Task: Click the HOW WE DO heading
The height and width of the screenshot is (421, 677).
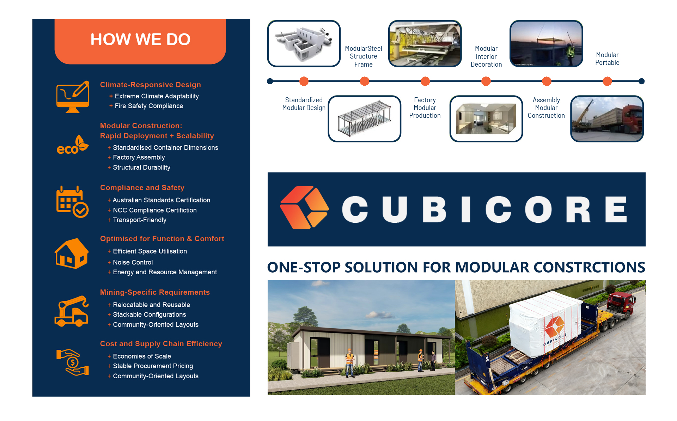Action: [140, 39]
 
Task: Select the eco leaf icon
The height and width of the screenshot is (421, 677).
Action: [73, 145]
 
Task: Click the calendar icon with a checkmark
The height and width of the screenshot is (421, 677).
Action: [72, 202]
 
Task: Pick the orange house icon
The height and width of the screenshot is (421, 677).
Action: [72, 254]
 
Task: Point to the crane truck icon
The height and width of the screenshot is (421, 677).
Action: [72, 311]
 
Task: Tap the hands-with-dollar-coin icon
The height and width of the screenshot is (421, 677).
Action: [73, 362]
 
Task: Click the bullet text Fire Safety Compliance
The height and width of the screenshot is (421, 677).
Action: [149, 106]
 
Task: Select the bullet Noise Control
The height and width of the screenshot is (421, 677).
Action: [133, 262]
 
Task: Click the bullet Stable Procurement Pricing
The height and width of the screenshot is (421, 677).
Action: [153, 366]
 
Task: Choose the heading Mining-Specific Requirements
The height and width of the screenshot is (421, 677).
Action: [155, 292]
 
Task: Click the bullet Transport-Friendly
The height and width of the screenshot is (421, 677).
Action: [140, 220]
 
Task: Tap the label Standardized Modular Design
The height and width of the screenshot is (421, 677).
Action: [304, 104]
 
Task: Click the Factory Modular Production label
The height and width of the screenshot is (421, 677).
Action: [425, 108]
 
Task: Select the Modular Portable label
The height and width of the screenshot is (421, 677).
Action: [607, 59]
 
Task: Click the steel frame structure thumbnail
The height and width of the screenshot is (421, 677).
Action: [365, 119]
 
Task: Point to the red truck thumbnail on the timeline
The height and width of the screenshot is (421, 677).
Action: [607, 119]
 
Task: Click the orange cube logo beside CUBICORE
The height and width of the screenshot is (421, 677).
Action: [305, 207]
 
